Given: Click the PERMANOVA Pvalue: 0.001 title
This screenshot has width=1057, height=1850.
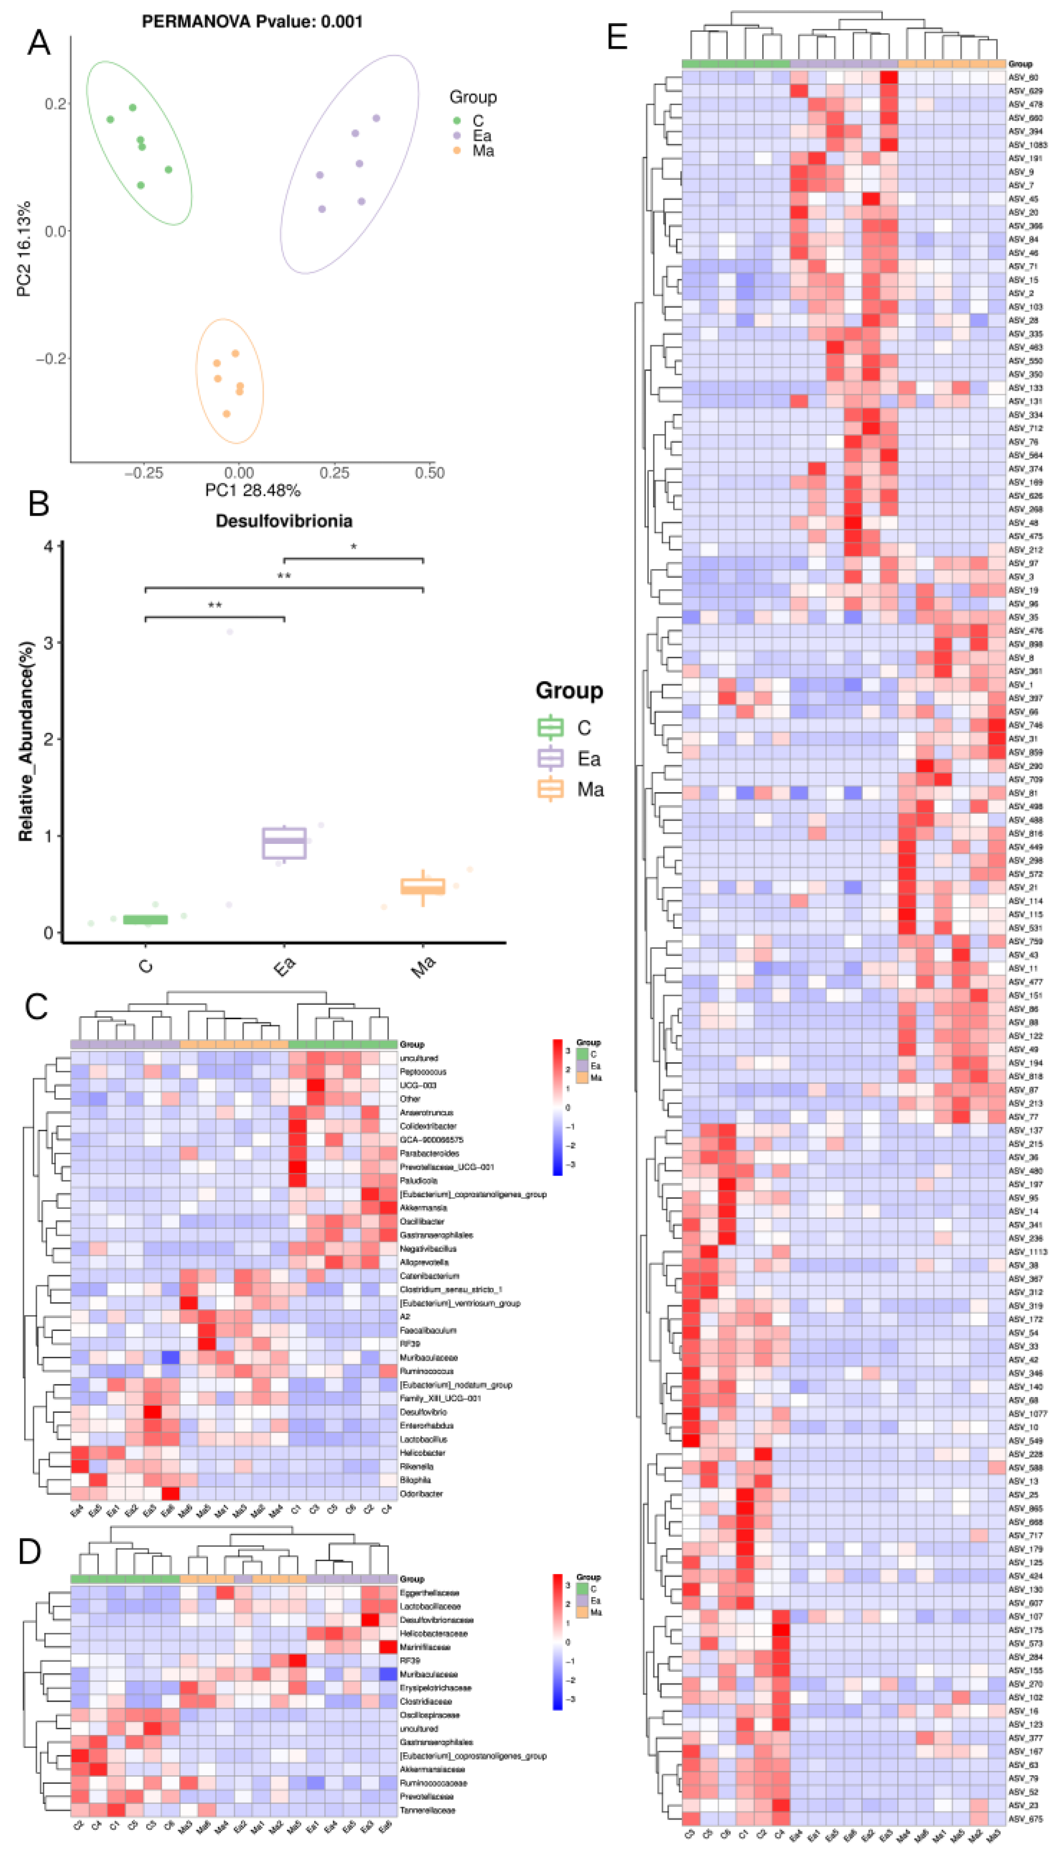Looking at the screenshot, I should click(x=252, y=22).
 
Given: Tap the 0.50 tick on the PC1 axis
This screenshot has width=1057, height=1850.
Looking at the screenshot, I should click(x=430, y=473).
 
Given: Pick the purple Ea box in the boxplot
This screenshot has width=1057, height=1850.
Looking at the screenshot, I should click(x=284, y=843).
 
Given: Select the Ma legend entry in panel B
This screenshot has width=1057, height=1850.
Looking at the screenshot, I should click(x=589, y=789).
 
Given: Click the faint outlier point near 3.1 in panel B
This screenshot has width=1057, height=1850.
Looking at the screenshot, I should click(x=229, y=632).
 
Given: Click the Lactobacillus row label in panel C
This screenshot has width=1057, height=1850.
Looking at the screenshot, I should click(x=423, y=1439).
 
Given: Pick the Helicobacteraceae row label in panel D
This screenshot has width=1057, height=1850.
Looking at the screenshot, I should click(x=433, y=1633).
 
